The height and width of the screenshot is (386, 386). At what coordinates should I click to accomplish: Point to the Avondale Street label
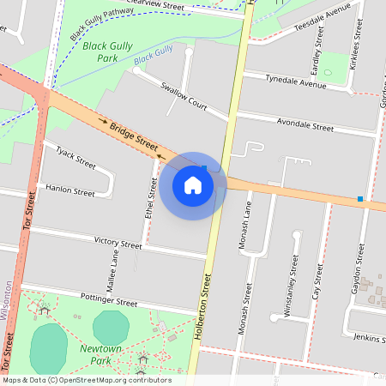pos(305,126)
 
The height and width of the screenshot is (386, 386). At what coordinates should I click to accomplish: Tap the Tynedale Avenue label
pos(296,81)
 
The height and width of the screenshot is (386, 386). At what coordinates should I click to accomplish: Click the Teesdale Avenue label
pos(323,16)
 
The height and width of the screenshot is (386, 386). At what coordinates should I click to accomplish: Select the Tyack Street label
pos(76,157)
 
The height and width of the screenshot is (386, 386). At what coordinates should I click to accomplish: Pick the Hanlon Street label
pos(70,192)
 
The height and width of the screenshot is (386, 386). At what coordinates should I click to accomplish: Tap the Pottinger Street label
pos(108,303)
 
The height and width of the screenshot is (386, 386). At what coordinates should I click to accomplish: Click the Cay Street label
pos(317,281)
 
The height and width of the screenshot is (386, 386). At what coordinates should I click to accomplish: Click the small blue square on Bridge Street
pos(360,199)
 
